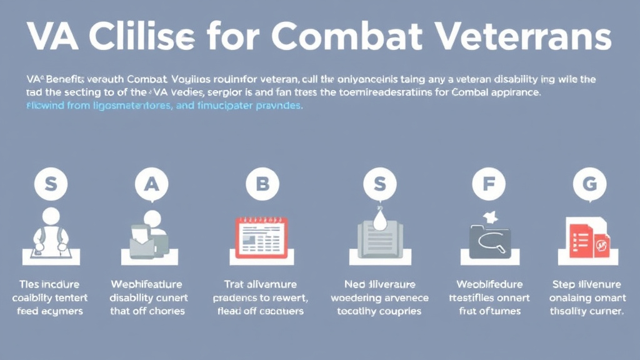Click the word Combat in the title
point(349,37)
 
